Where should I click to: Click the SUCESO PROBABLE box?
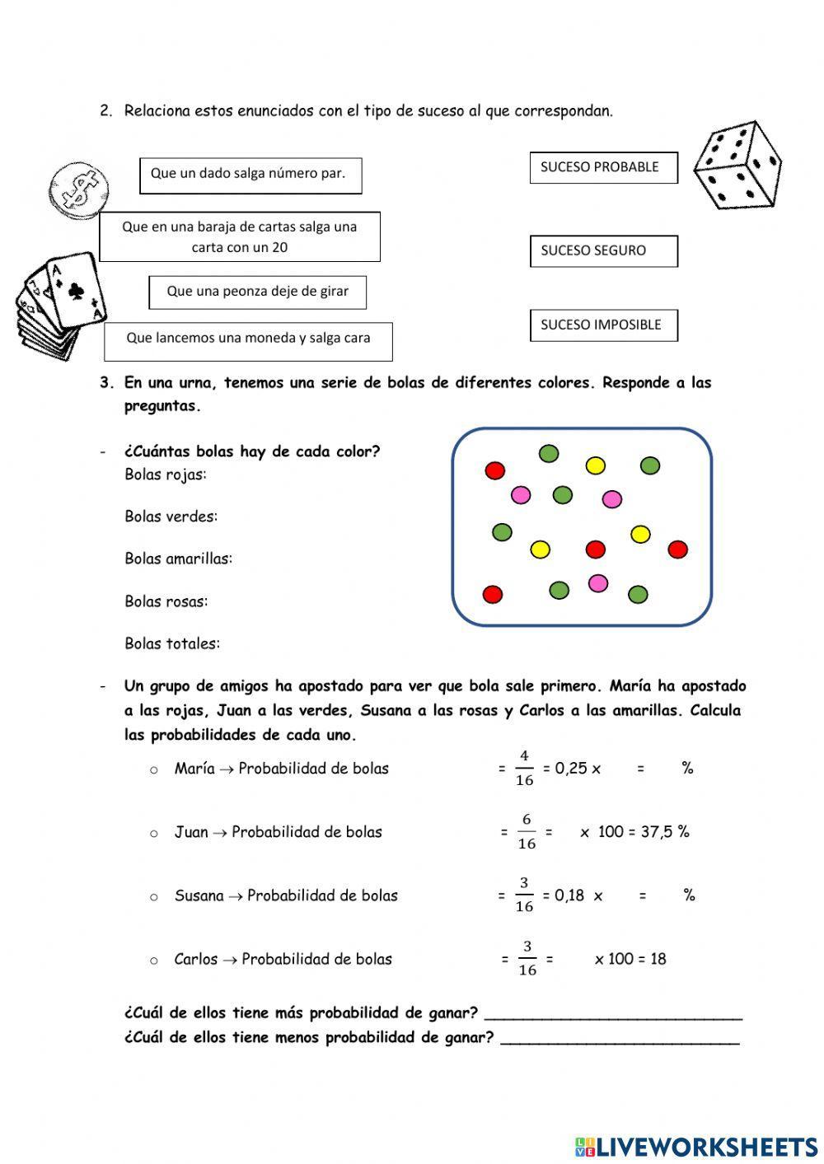(x=603, y=167)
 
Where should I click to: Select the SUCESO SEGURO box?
(x=603, y=251)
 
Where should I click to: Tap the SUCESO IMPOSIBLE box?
(x=603, y=325)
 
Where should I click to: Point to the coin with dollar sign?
(x=78, y=188)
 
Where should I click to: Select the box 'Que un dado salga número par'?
(x=250, y=175)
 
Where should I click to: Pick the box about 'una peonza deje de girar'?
(x=257, y=292)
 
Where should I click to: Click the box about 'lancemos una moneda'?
(x=248, y=340)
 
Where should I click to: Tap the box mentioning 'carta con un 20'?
(x=240, y=237)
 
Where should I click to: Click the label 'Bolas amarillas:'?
(x=178, y=559)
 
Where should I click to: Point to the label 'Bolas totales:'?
(x=172, y=643)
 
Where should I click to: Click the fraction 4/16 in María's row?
(x=524, y=768)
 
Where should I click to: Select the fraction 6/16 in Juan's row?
(x=526, y=832)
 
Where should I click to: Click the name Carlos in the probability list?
(x=196, y=959)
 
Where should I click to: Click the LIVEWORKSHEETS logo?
(x=696, y=1147)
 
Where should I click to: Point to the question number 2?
(x=105, y=110)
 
